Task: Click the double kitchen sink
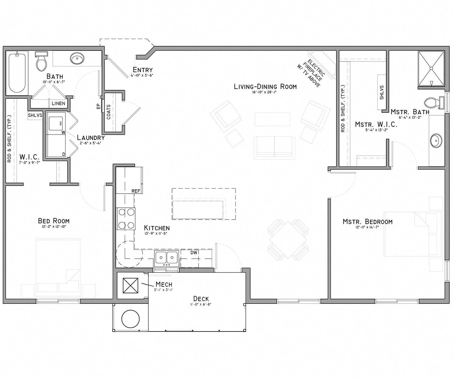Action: pyautogui.click(x=166, y=258)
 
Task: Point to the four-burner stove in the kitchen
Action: pyautogui.click(x=126, y=218)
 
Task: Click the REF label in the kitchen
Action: pyautogui.click(x=136, y=191)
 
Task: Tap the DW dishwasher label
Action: pyautogui.click(x=194, y=252)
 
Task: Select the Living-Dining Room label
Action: pyautogui.click(x=265, y=86)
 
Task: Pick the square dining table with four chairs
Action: pyautogui.click(x=288, y=239)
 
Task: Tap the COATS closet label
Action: pyautogui.click(x=109, y=112)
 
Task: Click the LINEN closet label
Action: pyautogui.click(x=58, y=103)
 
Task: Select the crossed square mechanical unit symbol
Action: pyautogui.click(x=131, y=285)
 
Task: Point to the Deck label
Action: pyautogui.click(x=201, y=299)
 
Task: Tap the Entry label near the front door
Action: pyautogui.click(x=142, y=70)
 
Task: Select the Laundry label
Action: pyautogui.click(x=91, y=137)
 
